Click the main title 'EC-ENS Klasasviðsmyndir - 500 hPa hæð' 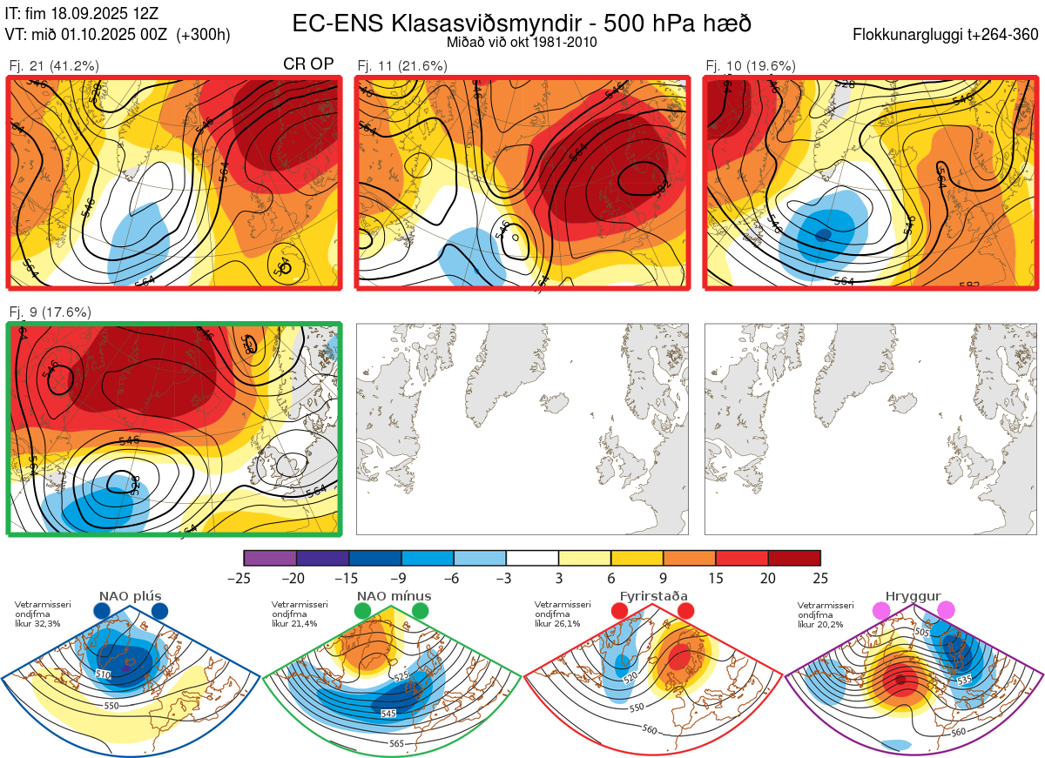click(521, 23)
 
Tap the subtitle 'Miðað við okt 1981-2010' click(521, 42)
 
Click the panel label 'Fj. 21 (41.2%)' click(54, 65)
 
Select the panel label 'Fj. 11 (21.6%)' click(402, 65)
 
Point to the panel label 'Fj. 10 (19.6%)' click(751, 65)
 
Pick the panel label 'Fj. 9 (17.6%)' click(50, 312)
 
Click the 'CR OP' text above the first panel click(309, 64)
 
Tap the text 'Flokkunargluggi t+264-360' click(947, 35)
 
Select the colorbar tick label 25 click(820, 578)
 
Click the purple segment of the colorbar click(270, 558)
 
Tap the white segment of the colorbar click(532, 558)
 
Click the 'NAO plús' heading click(130, 596)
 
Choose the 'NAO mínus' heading click(394, 596)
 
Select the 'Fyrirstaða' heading click(653, 596)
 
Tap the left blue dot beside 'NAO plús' click(101, 611)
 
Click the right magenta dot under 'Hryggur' click(945, 611)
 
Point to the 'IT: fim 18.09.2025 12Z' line click(82, 14)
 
